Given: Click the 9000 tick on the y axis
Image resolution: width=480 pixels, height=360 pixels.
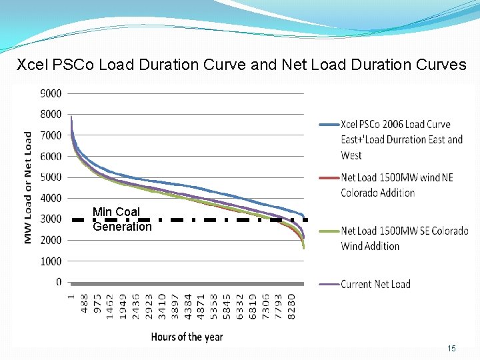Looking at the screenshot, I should click(x=51, y=93).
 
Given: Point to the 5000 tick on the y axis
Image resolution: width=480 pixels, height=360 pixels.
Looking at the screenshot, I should click(x=51, y=177).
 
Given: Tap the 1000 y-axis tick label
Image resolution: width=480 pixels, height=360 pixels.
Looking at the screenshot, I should click(x=51, y=261).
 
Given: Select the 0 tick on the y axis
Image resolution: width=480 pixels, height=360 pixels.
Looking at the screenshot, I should click(x=59, y=282).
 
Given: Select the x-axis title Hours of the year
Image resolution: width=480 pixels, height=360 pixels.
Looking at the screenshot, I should click(x=187, y=337).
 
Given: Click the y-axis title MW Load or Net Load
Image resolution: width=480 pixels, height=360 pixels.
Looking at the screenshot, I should click(x=28, y=187).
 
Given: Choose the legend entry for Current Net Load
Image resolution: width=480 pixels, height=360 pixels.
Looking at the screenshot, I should click(x=375, y=284).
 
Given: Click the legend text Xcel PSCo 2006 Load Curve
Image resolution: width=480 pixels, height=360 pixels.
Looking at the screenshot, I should click(x=395, y=124).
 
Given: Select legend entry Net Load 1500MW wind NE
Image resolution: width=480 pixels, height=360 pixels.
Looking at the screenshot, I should click(x=397, y=177).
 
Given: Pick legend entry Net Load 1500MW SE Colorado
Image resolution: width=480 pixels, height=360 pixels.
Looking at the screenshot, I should click(x=404, y=231).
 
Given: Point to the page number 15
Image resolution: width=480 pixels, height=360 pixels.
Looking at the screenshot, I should click(x=451, y=349).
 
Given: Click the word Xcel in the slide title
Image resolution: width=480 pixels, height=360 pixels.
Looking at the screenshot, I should click(x=30, y=65).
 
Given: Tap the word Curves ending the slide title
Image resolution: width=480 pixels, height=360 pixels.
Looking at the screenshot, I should click(x=444, y=65).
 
